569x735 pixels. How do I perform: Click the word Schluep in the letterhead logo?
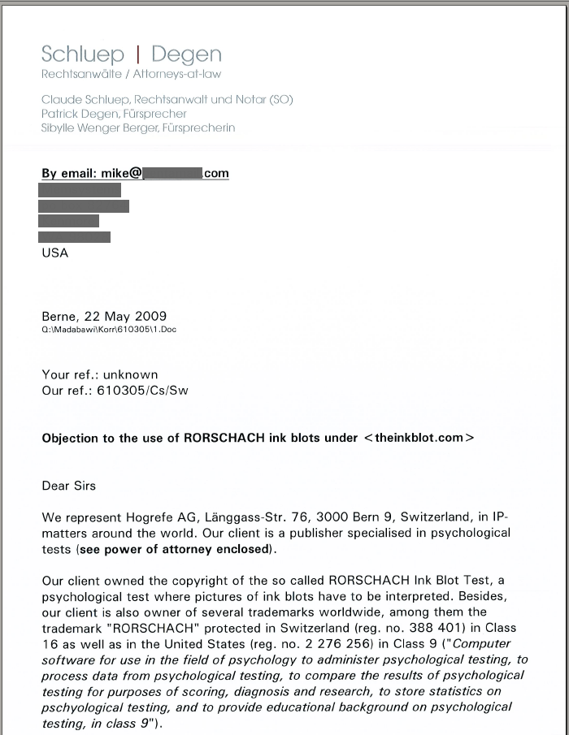[x=83, y=54]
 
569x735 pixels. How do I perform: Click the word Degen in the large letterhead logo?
[x=186, y=54]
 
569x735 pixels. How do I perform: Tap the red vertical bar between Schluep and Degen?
[x=138, y=54]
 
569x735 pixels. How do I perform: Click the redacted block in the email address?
[x=173, y=173]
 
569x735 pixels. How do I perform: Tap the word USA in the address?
[x=55, y=253]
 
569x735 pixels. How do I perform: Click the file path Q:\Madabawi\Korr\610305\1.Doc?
[x=109, y=330]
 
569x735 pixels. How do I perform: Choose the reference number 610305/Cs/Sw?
[x=143, y=391]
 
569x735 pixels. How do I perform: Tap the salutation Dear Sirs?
[x=68, y=486]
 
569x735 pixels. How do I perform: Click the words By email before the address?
[x=68, y=173]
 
